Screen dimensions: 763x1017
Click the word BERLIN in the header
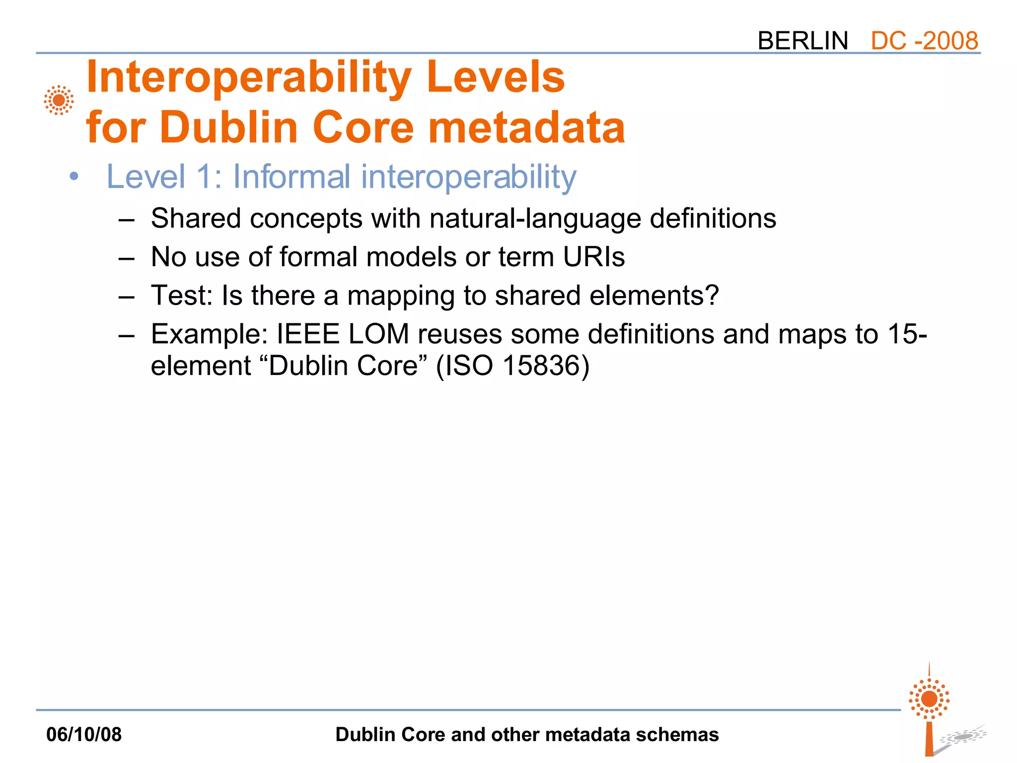[802, 41]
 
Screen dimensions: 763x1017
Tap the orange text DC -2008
[924, 41]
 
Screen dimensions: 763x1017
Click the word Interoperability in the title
[248, 78]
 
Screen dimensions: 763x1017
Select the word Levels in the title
[495, 77]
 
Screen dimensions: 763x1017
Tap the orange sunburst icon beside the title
[59, 100]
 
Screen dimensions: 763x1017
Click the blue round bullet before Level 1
[74, 176]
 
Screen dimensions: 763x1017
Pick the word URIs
[593, 257]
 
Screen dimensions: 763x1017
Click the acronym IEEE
[308, 334]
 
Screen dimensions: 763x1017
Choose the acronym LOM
[378, 334]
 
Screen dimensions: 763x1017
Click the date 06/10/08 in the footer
[84, 734]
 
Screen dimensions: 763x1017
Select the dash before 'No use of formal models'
[127, 258]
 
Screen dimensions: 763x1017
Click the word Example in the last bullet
[209, 334]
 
